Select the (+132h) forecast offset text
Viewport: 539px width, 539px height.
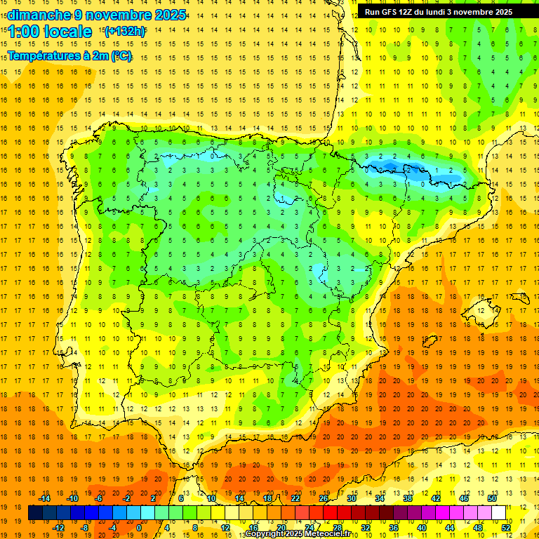tap(125, 31)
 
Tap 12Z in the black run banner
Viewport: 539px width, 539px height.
tap(408, 12)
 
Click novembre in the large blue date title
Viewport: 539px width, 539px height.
tap(119, 15)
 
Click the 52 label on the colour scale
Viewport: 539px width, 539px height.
tap(505, 528)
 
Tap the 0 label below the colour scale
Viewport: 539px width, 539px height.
tap(139, 528)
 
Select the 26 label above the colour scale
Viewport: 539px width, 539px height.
tap(324, 498)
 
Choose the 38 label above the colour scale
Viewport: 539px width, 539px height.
tap(407, 498)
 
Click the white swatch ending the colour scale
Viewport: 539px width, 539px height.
tap(498, 513)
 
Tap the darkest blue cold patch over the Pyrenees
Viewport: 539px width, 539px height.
tap(394, 166)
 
